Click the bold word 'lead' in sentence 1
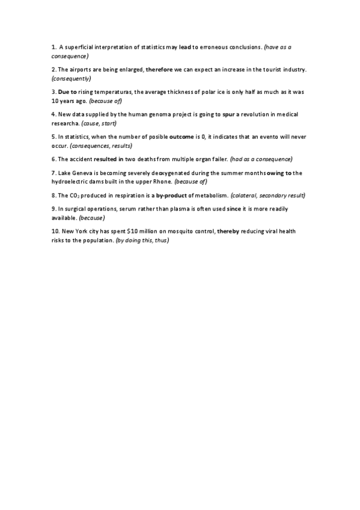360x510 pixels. pyautogui.click(x=183, y=47)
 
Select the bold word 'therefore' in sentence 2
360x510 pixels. pyautogui.click(x=159, y=70)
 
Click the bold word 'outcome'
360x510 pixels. pyautogui.click(x=181, y=137)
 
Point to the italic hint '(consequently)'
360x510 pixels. pyautogui.click(x=72, y=78)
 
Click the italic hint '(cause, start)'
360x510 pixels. pyautogui.click(x=99, y=123)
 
